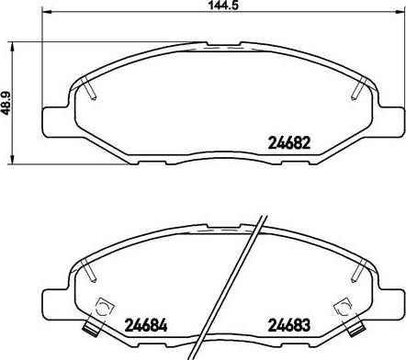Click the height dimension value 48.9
[x=6, y=103]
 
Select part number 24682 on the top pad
[x=289, y=142]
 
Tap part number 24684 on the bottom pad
[x=146, y=325]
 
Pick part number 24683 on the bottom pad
[x=289, y=325]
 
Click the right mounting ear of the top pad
[x=390, y=121]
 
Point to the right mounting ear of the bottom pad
[x=390, y=304]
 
